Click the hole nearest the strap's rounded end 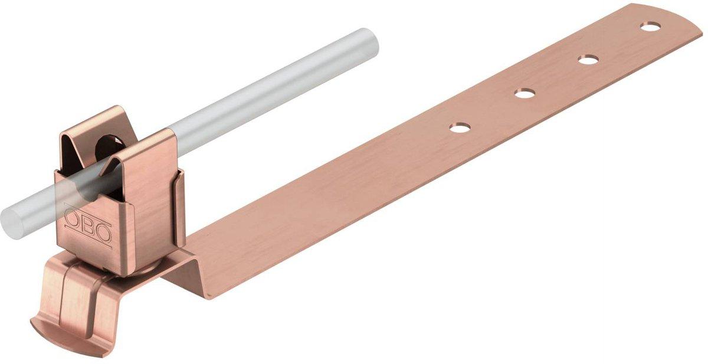pyautogui.click(x=650, y=27)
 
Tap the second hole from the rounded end pyautogui.click(x=589, y=59)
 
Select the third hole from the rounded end pyautogui.click(x=525, y=93)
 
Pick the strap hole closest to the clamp pyautogui.click(x=460, y=127)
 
